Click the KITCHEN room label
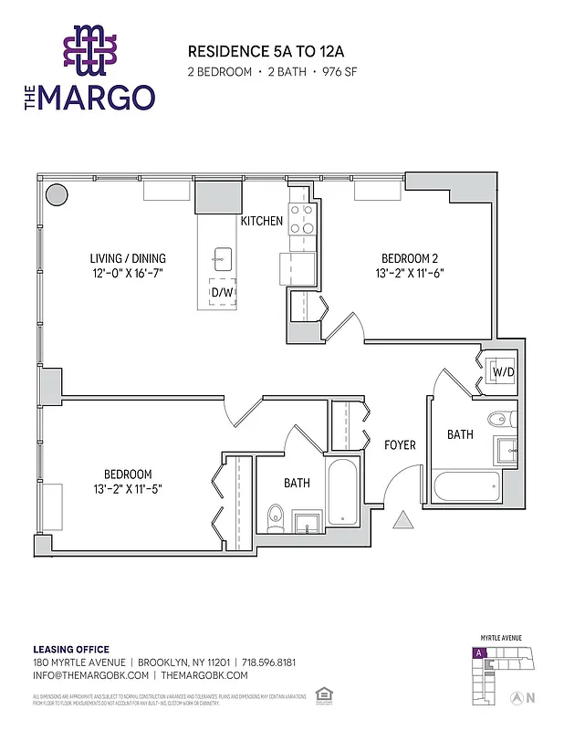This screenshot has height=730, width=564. point(261,222)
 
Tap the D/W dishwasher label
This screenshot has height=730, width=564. point(222,292)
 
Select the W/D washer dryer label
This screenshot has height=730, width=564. point(503,372)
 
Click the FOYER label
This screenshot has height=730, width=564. point(400,445)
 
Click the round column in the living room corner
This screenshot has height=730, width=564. point(57,195)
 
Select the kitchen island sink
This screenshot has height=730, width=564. point(223,256)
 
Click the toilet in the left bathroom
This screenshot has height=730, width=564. point(277,517)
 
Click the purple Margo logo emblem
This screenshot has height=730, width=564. point(89,49)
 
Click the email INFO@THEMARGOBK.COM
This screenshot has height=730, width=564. point(91,675)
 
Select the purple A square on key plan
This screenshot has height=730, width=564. point(477,653)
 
